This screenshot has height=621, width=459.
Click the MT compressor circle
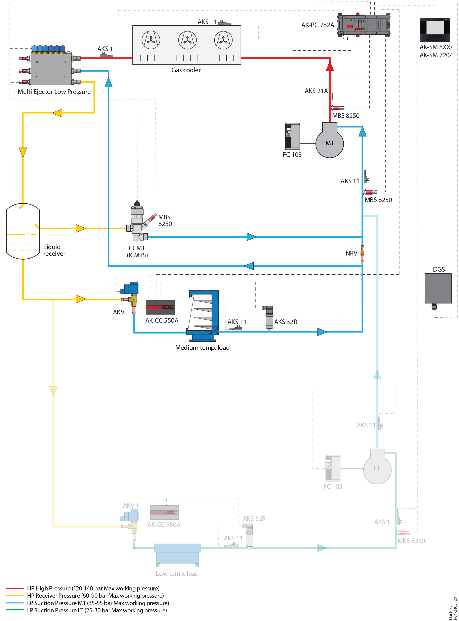point(330,143)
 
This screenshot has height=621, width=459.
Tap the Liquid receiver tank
point(23,231)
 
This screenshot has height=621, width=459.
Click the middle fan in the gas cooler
point(187,40)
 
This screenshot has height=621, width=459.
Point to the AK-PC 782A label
point(317,25)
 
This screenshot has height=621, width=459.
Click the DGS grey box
point(438,288)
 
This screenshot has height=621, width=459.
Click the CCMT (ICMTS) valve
point(137,222)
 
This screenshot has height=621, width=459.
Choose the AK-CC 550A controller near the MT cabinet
point(161,307)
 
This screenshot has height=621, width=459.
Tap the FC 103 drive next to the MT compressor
point(292,136)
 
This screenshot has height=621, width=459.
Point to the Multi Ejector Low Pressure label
point(54,92)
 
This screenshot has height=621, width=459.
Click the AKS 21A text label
point(316,91)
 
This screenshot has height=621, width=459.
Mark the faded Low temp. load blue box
point(177,555)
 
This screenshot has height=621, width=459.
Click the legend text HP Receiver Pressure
point(95,595)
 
